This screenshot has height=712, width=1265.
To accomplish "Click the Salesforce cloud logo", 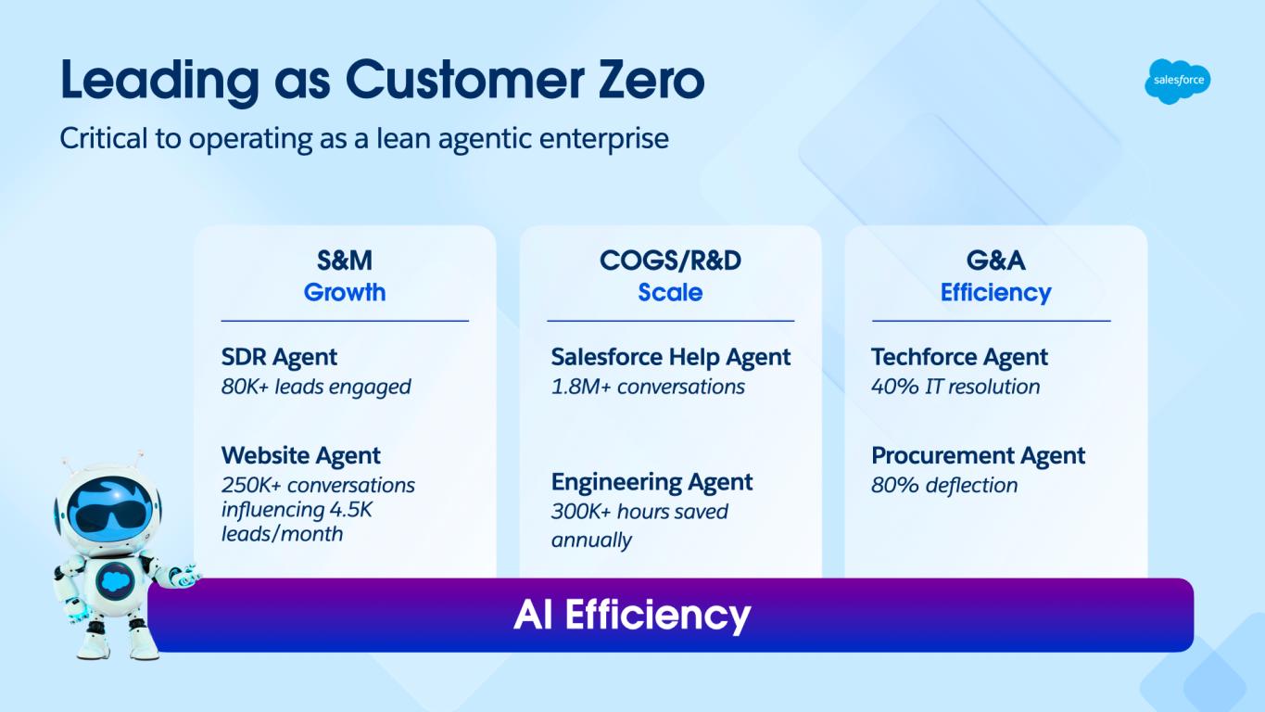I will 1177,81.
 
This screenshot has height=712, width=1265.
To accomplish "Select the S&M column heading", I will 345,261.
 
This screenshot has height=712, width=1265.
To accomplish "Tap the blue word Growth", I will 345,292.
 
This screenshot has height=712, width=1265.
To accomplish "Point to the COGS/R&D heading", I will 670,261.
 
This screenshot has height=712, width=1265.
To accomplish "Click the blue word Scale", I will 670,292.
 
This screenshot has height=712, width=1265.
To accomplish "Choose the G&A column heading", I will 995,261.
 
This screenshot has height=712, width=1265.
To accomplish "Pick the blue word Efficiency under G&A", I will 995,292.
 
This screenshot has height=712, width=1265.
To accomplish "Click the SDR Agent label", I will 279,357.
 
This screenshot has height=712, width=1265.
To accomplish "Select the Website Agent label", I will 301,455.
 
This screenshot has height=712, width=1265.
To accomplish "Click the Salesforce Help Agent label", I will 670,357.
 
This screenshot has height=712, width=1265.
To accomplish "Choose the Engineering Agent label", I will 651,482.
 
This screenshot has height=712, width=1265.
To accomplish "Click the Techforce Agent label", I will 959,357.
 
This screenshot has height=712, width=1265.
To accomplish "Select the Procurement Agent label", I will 978,455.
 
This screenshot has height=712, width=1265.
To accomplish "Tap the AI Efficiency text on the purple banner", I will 632,615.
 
